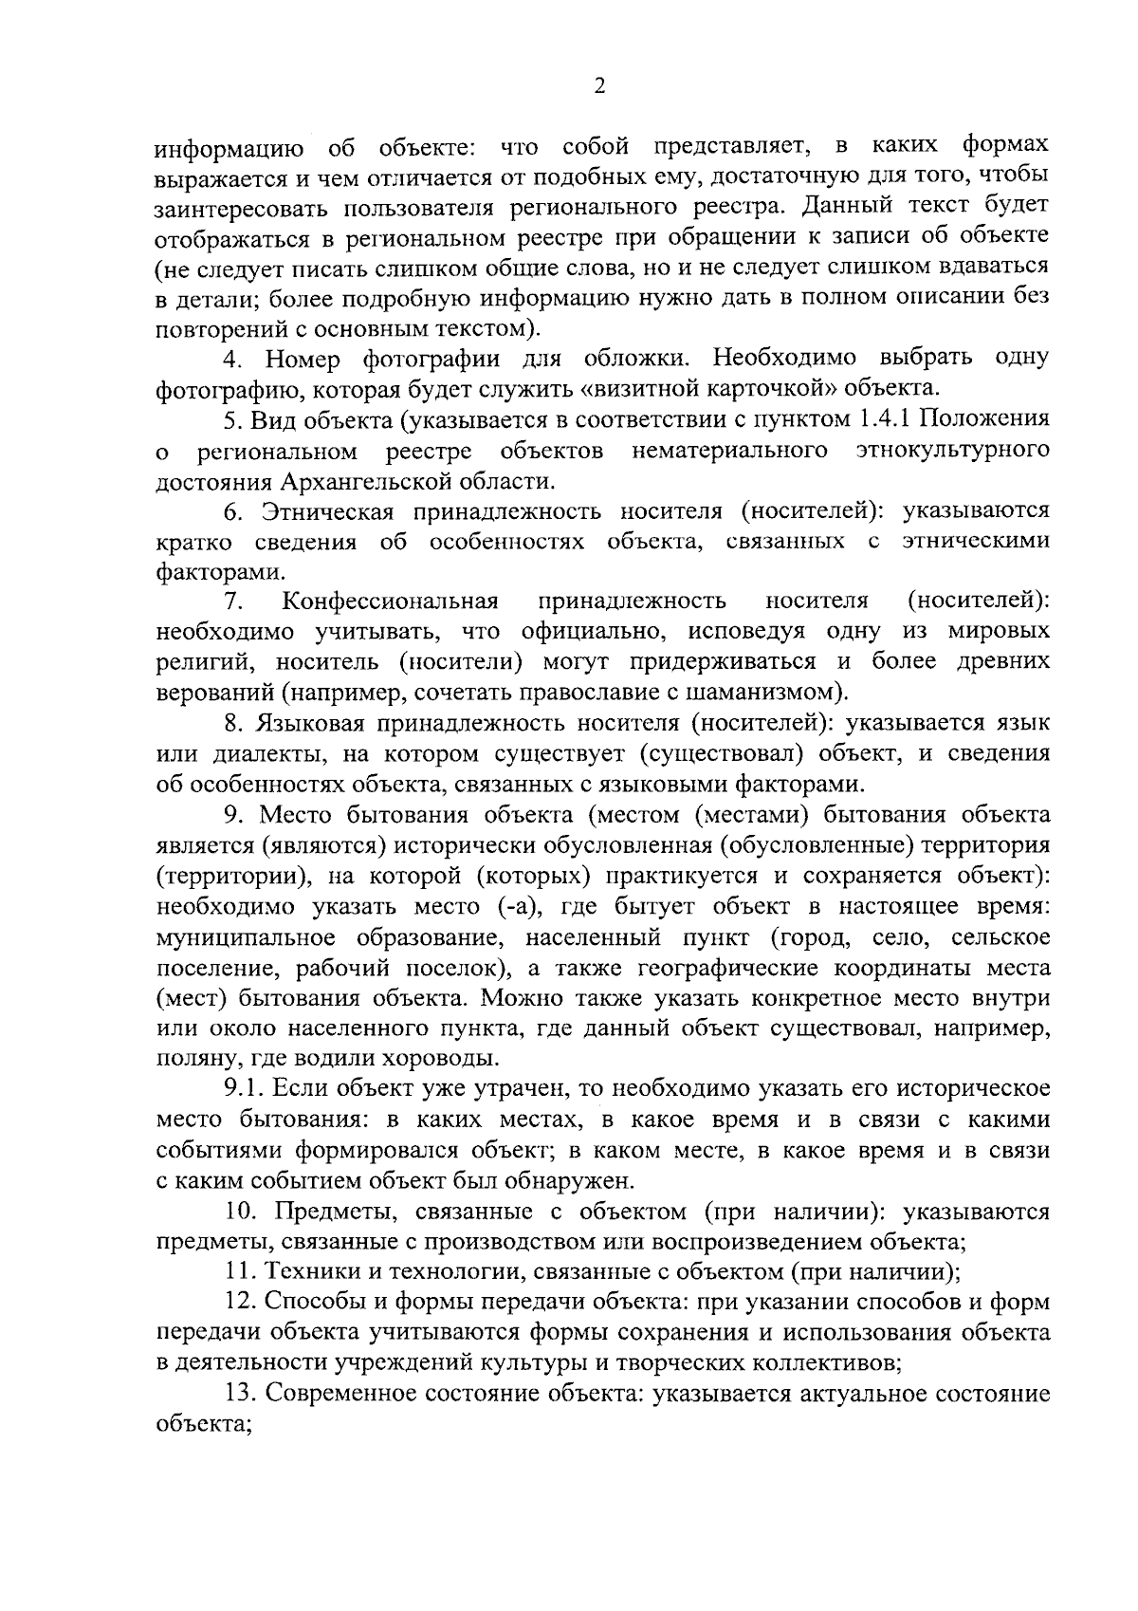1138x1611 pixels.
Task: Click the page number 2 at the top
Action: click(598, 87)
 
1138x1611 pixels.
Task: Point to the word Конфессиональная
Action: click(391, 602)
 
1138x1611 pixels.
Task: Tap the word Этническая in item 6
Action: click(327, 510)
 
